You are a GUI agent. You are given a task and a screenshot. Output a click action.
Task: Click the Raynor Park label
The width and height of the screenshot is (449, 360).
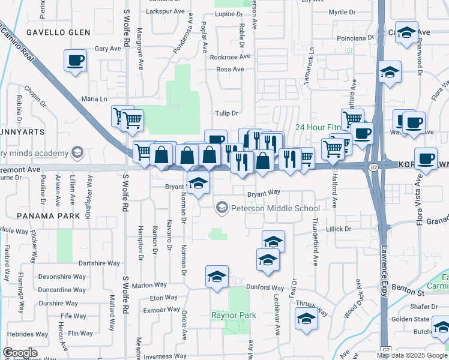click(x=234, y=315)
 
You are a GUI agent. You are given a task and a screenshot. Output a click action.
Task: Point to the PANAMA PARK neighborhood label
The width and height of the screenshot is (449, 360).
click(x=44, y=215)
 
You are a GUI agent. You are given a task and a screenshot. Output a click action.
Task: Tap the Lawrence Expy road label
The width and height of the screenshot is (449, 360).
click(x=383, y=264)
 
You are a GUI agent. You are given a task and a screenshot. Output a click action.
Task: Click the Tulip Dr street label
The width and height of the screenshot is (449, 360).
click(x=227, y=113)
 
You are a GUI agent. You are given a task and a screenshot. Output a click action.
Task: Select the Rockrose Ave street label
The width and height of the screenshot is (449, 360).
click(x=229, y=57)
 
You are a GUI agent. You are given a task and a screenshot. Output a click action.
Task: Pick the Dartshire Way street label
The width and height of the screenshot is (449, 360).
click(x=100, y=263)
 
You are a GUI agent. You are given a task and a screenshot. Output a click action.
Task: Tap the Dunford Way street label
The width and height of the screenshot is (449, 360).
click(x=264, y=288)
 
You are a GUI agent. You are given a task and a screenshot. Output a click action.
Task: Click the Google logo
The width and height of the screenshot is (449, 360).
click(x=20, y=353)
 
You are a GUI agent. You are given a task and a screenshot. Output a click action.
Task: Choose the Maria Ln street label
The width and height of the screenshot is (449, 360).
click(x=94, y=98)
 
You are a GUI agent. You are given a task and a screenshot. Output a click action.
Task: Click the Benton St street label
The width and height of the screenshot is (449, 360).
click(x=412, y=292)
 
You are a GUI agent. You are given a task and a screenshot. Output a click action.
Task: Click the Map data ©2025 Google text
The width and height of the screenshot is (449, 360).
click(x=412, y=356)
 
